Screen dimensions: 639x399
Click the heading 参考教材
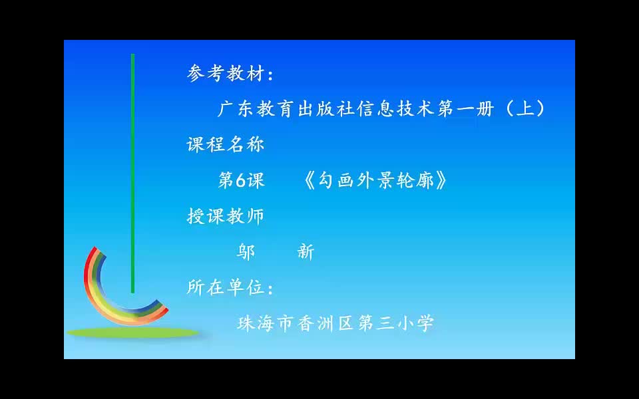click(x=226, y=74)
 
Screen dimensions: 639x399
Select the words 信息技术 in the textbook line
click(x=395, y=108)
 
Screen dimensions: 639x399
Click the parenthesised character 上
click(x=525, y=108)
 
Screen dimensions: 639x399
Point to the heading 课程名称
click(x=226, y=144)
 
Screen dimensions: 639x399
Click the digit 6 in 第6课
click(x=241, y=180)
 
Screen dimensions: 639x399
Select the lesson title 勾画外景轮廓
click(x=375, y=180)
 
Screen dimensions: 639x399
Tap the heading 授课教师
click(x=226, y=215)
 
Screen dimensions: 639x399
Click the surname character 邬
click(x=246, y=252)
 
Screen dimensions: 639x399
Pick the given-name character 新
click(x=306, y=252)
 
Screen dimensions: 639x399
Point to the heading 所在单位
click(x=226, y=287)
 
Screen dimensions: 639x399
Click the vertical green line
click(x=132, y=173)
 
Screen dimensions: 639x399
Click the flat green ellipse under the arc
click(x=133, y=332)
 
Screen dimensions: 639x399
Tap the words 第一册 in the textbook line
click(x=465, y=108)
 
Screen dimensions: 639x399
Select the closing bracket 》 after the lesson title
click(x=441, y=181)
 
